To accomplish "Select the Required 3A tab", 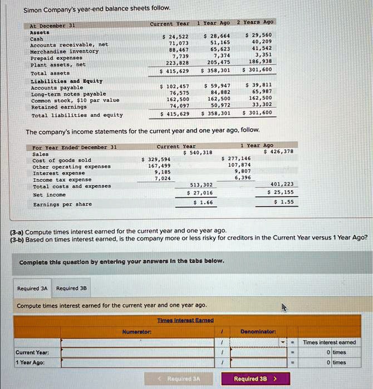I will (32, 288).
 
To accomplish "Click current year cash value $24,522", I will (175, 36).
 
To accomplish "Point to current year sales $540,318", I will (198, 152).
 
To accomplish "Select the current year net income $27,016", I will (200, 193).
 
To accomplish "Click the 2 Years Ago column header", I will (255, 22).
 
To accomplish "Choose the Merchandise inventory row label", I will (65, 51).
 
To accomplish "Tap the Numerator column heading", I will (137, 332).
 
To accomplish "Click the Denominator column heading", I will (258, 332).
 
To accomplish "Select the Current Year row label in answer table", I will (32, 352).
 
